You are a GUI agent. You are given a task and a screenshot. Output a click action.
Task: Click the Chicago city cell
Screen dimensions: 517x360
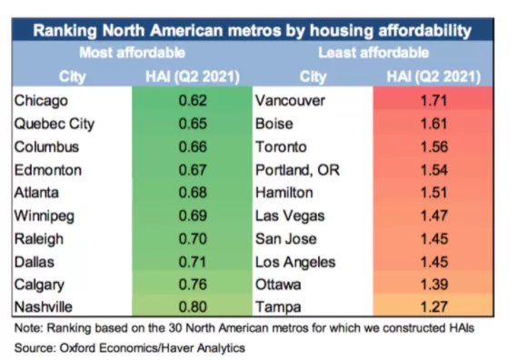(x=41, y=101)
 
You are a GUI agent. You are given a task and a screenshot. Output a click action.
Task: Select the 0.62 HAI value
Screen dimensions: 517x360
(x=193, y=100)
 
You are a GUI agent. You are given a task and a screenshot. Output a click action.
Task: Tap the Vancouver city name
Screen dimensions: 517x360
(x=290, y=100)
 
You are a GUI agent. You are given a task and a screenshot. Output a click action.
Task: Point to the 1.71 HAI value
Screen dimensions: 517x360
(x=434, y=100)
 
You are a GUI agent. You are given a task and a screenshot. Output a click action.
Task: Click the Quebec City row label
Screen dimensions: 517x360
(x=55, y=124)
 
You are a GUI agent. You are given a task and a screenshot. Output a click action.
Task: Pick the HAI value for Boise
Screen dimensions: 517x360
(x=434, y=124)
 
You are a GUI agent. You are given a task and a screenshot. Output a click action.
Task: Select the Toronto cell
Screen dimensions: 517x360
(x=281, y=147)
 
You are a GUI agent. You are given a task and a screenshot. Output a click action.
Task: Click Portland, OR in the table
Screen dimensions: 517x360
(x=297, y=170)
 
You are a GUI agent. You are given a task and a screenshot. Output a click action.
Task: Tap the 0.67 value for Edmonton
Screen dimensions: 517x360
(x=193, y=170)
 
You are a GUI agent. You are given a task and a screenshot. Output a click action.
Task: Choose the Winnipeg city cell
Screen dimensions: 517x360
(x=45, y=216)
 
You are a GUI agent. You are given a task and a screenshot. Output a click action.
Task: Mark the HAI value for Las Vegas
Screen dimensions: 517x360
(x=434, y=215)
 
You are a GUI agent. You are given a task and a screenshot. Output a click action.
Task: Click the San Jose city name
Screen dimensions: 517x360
(x=286, y=239)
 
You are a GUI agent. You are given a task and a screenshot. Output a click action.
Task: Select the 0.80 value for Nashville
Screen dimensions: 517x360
(x=193, y=307)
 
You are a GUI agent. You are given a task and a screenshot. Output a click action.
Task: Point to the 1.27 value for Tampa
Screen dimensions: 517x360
(x=434, y=307)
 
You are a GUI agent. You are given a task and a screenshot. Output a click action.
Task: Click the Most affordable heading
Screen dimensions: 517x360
(x=133, y=53)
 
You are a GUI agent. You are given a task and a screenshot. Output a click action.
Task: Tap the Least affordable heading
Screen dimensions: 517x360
(x=373, y=53)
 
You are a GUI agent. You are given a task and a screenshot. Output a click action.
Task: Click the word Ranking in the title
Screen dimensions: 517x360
(x=65, y=31)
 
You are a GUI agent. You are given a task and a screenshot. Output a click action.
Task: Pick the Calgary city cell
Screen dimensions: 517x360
(x=39, y=285)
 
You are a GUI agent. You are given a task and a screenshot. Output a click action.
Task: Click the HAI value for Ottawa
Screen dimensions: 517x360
(x=434, y=285)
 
